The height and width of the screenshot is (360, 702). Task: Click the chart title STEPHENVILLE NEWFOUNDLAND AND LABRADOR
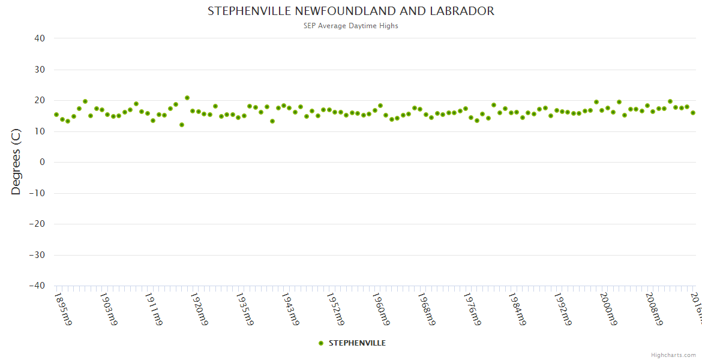pos(351,11)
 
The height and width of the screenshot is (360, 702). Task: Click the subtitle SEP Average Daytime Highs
pos(351,26)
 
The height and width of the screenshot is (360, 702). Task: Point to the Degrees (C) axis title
pos(16,162)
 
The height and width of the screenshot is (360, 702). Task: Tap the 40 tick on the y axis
pos(40,38)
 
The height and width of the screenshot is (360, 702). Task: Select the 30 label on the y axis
pos(40,70)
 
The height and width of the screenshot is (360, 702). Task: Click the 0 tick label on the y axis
pos(42,162)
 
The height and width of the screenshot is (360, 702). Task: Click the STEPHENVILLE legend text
pos(357,343)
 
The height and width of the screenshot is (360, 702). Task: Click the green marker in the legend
pos(321,343)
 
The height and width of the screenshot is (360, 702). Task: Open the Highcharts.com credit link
pos(673,355)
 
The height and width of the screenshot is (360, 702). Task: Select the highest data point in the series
pos(187,98)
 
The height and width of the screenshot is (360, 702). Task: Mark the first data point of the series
pos(56,115)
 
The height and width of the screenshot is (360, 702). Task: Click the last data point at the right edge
pos(693,113)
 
